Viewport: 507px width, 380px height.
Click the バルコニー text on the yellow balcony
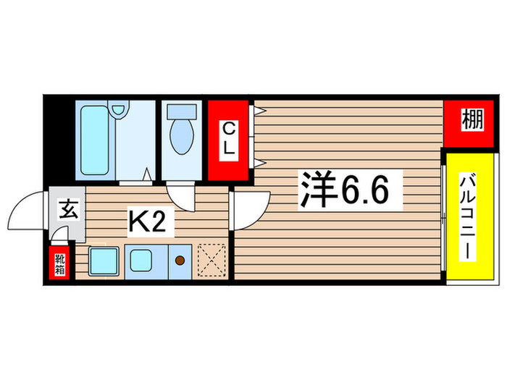(x=467, y=217)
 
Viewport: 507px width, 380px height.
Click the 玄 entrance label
(x=67, y=211)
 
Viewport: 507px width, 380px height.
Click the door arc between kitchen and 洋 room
(x=251, y=210)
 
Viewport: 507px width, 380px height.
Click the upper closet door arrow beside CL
(x=259, y=111)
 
